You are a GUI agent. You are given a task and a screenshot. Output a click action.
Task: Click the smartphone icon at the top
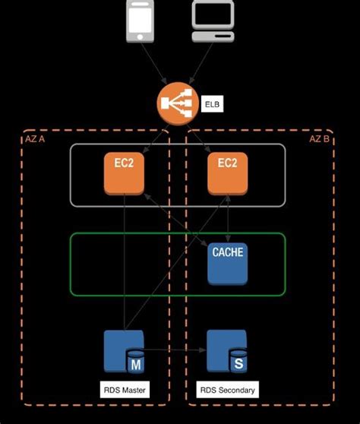point(137,21)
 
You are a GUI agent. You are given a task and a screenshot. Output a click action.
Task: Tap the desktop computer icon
point(215,22)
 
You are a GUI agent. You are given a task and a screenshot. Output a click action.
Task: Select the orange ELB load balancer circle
point(177,103)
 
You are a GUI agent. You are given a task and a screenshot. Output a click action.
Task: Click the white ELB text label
point(212,103)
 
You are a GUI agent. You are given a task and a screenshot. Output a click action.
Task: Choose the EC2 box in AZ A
point(124,173)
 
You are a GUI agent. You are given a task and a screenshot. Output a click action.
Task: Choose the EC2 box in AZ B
point(229,173)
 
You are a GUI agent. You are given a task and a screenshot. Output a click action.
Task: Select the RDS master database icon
point(124,350)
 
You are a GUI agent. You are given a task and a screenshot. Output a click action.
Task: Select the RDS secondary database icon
point(228,350)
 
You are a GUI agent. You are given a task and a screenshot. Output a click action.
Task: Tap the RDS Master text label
point(125,390)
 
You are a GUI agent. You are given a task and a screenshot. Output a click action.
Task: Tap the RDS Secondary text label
point(228,390)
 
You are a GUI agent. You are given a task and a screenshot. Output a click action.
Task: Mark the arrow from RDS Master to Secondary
point(176,350)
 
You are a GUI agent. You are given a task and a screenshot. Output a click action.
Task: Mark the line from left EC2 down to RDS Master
point(124,266)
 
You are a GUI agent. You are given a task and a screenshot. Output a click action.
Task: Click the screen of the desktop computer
point(215,14)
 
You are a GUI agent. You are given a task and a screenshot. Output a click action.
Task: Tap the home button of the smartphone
point(137,37)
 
